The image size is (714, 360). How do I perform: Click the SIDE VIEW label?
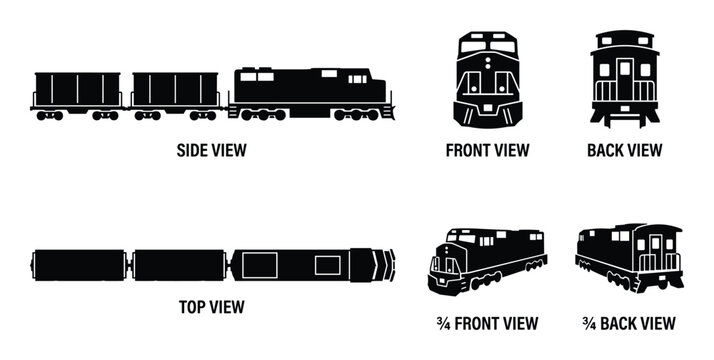tap(211, 151)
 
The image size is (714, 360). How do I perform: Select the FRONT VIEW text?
tap(487, 151)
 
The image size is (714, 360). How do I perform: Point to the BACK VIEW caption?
tap(625, 151)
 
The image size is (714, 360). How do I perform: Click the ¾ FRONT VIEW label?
tap(488, 323)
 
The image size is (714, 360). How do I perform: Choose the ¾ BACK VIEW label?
tap(629, 323)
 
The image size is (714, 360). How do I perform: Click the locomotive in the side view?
tap(310, 93)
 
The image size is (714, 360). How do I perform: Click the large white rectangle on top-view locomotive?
tap(263, 265)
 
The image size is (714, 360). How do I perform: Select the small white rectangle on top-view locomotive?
tap(327, 265)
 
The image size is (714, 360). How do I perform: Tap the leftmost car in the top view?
tap(79, 265)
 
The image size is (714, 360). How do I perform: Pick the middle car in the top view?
tap(177, 265)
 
